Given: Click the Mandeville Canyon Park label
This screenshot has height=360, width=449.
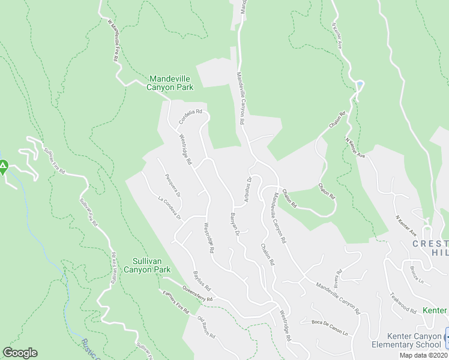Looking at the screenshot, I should coord(171,83).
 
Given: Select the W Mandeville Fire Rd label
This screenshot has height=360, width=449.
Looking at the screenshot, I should coord(112,41).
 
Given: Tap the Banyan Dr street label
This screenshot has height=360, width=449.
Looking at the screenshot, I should coord(235,224).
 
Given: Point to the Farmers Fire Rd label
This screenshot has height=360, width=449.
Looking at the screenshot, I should coord(175,302).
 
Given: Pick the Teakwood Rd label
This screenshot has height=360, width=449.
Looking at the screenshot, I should coord(403,303).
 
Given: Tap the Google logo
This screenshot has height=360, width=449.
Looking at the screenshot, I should coord(20,353).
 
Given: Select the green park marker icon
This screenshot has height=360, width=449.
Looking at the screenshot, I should coord(3,167).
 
